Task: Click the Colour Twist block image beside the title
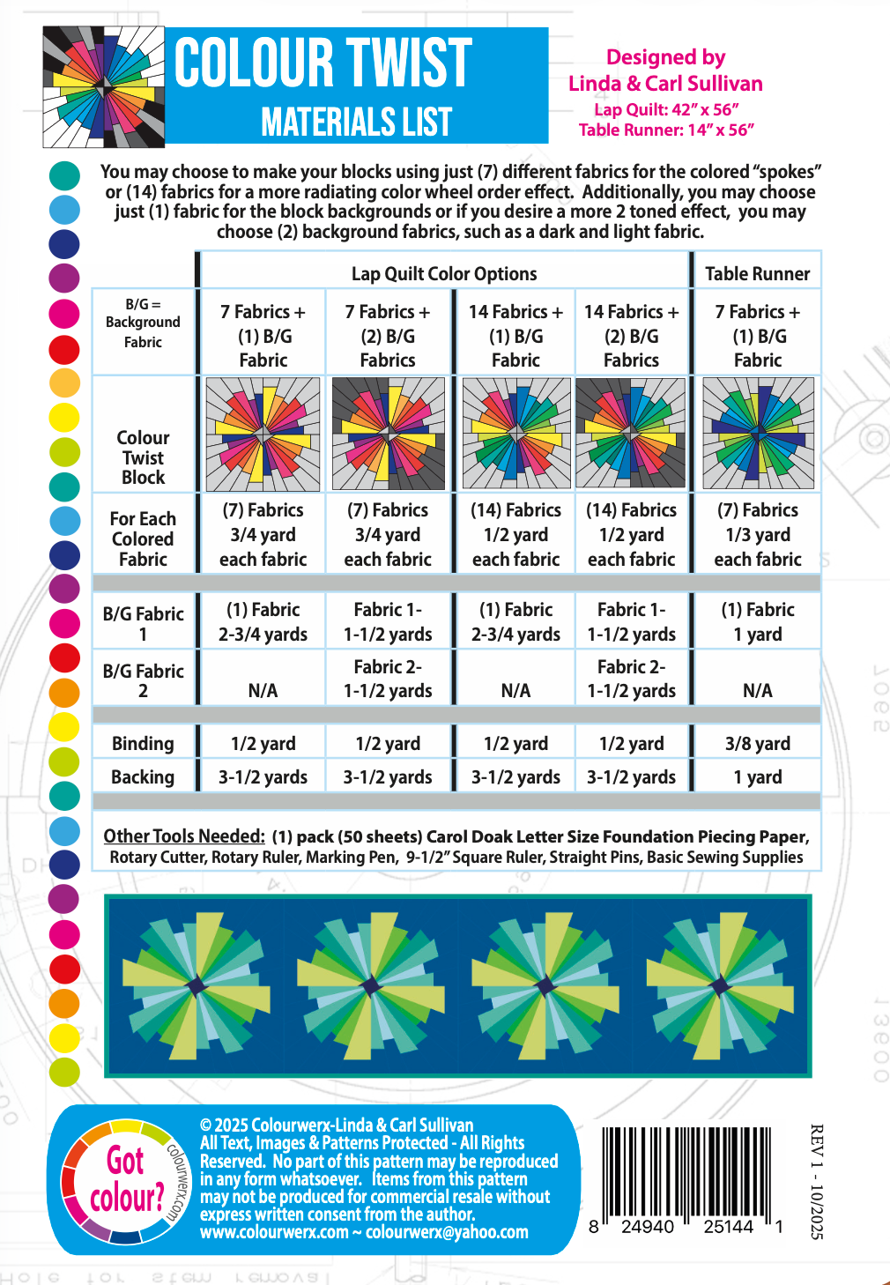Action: click(x=104, y=86)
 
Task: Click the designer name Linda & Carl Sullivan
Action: click(x=665, y=84)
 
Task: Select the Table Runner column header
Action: click(x=757, y=274)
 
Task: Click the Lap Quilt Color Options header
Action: click(x=444, y=274)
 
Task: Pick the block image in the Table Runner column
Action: click(x=758, y=434)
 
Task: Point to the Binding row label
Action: click(x=143, y=744)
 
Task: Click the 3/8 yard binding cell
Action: click(x=758, y=744)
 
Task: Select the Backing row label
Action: click(x=143, y=777)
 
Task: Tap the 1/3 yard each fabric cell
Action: click(x=758, y=535)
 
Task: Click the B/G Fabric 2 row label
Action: click(x=143, y=680)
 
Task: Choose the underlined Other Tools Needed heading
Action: click(x=184, y=836)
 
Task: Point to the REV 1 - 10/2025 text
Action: click(x=816, y=1181)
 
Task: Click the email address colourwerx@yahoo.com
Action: click(x=447, y=1232)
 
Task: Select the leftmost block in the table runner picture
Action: click(x=196, y=985)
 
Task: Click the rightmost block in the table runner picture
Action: click(x=719, y=985)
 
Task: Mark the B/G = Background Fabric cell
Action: click(x=143, y=323)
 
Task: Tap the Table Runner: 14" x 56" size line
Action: click(x=666, y=130)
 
